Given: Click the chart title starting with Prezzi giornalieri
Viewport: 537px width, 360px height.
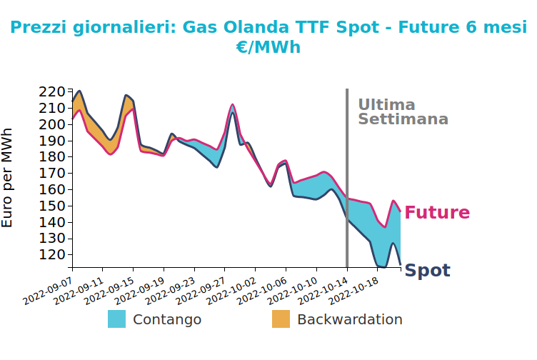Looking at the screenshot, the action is click(268, 37).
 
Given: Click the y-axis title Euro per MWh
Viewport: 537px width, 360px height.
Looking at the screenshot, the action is click(7, 178).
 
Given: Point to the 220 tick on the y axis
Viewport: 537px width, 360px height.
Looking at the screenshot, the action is click(51, 92).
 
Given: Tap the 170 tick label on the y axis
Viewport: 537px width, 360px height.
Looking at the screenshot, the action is click(51, 174).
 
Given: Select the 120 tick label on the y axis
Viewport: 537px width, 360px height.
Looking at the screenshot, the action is click(51, 255).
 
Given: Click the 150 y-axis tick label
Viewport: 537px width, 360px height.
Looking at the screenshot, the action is click(51, 206).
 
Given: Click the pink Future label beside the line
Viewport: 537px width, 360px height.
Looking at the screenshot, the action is click(437, 212).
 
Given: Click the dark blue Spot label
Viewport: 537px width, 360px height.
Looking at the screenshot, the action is click(428, 271).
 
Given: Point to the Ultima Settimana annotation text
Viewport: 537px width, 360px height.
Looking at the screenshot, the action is click(403, 112).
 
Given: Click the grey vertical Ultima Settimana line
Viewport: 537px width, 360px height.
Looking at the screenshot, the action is click(347, 178).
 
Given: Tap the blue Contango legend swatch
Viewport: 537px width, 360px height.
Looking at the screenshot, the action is click(116, 319).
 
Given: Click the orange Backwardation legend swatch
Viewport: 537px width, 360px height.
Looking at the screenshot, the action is click(281, 319).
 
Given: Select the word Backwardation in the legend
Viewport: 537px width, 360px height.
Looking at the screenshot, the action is click(350, 319).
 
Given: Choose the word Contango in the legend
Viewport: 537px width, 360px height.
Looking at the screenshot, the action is click(167, 319).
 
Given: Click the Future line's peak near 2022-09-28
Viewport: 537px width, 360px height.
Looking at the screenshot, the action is click(233, 104).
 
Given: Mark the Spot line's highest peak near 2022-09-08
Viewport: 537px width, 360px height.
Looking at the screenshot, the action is click(79, 91).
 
